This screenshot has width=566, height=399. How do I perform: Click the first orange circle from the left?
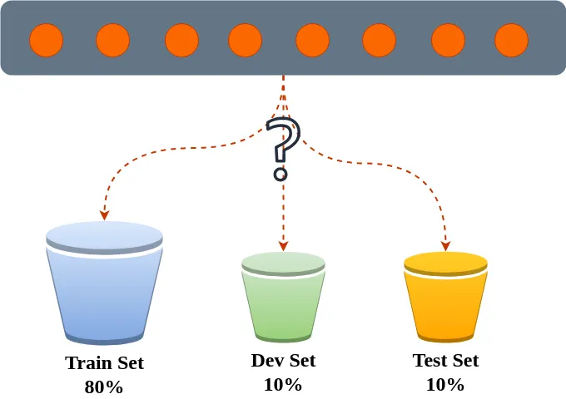[47, 40]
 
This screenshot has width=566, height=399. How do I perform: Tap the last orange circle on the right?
[511, 40]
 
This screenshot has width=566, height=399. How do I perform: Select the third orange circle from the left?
[181, 40]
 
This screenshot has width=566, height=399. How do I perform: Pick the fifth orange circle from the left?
[313, 40]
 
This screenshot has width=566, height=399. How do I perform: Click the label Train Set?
[104, 363]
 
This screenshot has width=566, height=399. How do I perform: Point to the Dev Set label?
[283, 361]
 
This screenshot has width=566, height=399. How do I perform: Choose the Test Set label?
[445, 361]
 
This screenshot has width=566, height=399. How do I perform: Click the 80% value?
[104, 387]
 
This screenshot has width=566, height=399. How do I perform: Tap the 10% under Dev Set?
[283, 385]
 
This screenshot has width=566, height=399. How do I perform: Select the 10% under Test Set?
[445, 385]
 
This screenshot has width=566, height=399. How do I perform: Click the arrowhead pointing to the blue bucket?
[104, 214]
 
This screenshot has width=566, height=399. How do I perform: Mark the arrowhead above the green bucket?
[283, 245]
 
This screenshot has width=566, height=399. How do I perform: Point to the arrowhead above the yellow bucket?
[446, 245]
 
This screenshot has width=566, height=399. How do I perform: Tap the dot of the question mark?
[281, 175]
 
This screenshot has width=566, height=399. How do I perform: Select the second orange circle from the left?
[112, 40]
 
